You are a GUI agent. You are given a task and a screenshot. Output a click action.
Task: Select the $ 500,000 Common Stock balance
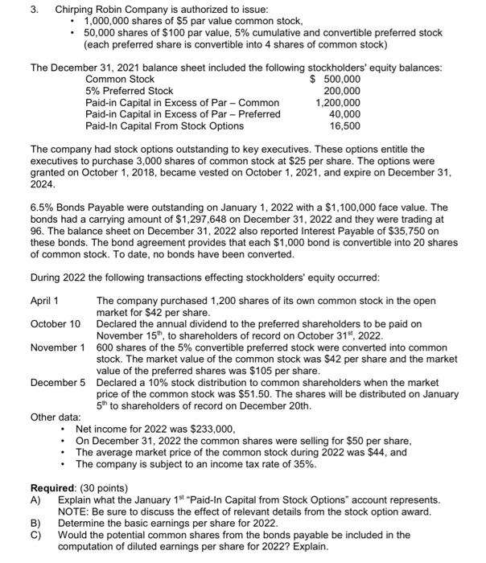tap(336, 80)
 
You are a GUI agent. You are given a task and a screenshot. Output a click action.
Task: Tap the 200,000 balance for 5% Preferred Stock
tap(341, 92)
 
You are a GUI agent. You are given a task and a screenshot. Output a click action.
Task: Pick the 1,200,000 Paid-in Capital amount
tap(337, 103)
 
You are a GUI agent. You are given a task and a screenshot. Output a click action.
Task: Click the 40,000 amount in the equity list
tap(344, 114)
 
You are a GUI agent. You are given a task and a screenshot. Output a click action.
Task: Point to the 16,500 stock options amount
tap(344, 126)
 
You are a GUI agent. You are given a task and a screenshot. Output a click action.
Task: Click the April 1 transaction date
tap(44, 301)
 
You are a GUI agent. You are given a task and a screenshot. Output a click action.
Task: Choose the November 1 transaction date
tap(57, 347)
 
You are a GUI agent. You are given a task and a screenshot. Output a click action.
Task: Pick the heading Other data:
tap(55, 417)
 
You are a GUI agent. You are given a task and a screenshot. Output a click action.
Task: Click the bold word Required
tap(53, 488)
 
